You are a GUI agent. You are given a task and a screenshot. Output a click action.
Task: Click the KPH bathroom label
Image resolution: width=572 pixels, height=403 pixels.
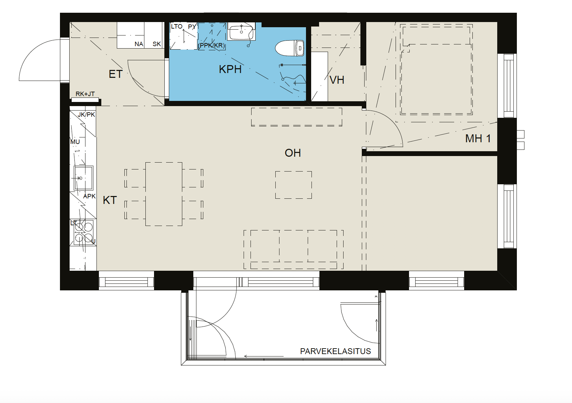230,70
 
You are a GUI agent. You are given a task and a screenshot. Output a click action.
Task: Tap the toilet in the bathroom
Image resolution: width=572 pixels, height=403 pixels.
289,48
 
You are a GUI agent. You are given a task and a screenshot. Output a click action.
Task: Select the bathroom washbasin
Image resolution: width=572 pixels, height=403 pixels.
241,31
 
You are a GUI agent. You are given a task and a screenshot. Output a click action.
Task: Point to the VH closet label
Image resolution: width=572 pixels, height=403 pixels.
337,80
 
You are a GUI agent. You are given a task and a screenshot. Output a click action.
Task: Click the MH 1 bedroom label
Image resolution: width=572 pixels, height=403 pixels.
478,138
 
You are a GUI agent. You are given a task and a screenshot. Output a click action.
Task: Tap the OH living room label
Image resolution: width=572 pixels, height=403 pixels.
293,153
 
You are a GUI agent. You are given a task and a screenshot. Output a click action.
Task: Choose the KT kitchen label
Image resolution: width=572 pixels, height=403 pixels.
110,200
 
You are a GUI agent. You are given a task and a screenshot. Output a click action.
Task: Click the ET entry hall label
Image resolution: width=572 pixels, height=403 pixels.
116,74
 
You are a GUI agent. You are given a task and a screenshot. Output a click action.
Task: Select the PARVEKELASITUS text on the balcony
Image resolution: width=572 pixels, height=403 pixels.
335,351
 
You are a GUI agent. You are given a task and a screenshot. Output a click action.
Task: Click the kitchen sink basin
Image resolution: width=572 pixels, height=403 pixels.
83,178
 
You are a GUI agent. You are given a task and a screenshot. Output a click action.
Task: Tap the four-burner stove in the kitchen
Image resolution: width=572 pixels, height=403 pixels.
83,232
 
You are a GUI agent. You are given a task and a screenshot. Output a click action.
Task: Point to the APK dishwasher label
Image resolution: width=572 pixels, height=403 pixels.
89,196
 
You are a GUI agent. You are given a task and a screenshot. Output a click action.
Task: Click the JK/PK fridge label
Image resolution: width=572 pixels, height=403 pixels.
86,115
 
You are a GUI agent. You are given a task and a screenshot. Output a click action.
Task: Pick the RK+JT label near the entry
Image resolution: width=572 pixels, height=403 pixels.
85,94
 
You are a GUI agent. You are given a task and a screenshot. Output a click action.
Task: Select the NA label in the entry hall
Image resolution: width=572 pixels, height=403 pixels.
139,44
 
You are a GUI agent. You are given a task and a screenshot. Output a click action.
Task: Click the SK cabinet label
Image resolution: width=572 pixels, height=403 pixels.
157,44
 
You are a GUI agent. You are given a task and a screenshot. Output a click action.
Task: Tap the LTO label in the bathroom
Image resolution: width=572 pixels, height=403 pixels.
177,26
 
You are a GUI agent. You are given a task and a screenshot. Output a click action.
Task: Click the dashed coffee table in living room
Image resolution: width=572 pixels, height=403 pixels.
293,185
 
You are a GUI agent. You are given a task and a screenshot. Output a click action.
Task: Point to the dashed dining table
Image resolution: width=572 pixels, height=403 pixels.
164,194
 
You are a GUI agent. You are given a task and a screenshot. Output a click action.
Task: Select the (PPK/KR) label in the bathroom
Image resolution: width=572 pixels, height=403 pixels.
212,45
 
